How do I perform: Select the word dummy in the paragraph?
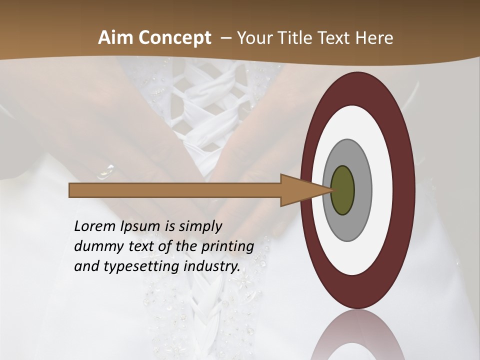95,246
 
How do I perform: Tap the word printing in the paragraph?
227,246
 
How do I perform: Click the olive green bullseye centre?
342,190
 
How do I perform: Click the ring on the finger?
106,171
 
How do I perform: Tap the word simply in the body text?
199,226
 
